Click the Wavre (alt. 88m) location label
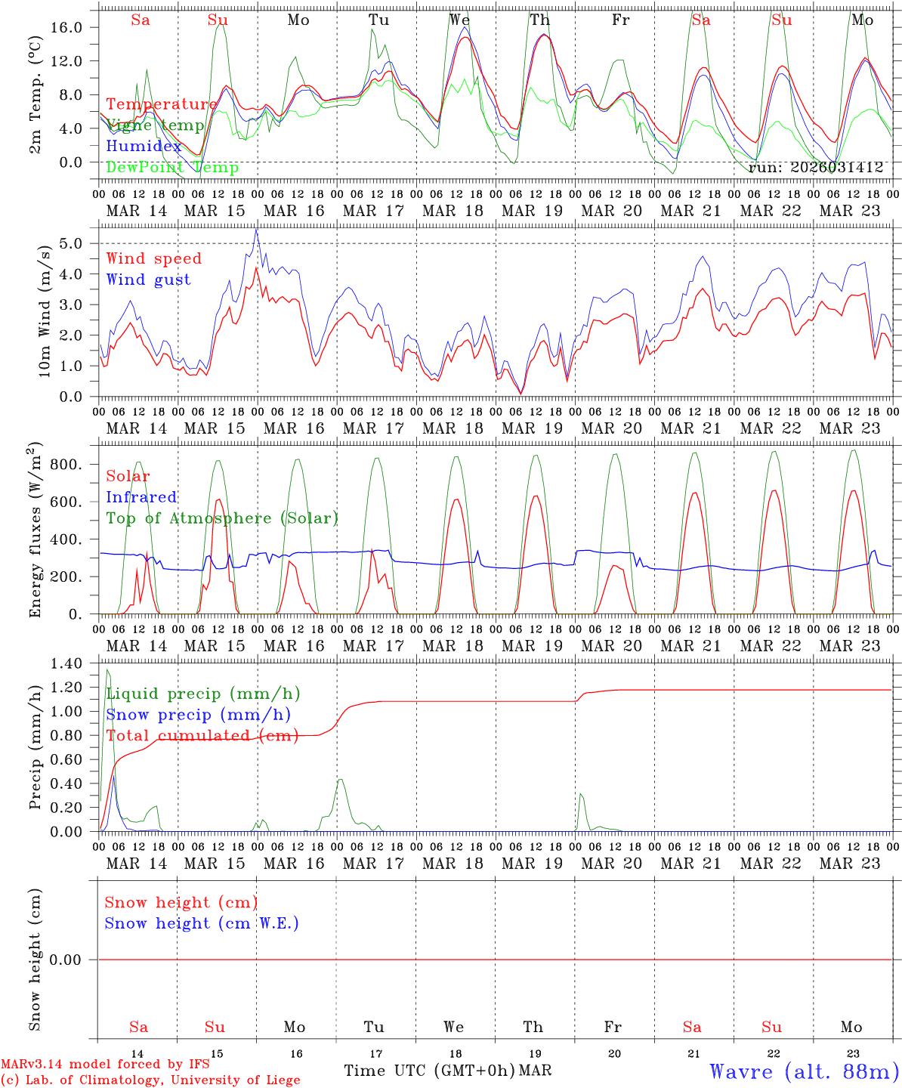pyautogui.click(x=804, y=1071)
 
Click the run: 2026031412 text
pyautogui.click(x=816, y=168)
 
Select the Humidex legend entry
pyautogui.click(x=144, y=147)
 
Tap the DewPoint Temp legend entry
pyautogui.click(x=172, y=168)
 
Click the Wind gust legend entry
pyautogui.click(x=148, y=280)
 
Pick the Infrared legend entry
pyautogui.click(x=141, y=497)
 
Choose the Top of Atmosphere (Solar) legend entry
pyautogui.click(x=221, y=518)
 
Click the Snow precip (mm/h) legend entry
pyautogui.click(x=198, y=715)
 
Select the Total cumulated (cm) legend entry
pyautogui.click(x=202, y=736)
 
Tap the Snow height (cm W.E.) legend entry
pyautogui.click(x=201, y=923)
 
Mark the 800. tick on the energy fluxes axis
pyautogui.click(x=66, y=464)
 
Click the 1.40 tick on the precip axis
pyautogui.click(x=66, y=663)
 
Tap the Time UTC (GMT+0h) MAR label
pyautogui.click(x=447, y=1071)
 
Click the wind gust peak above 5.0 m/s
pyautogui.click(x=257, y=230)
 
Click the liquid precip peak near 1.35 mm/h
pyautogui.click(x=107, y=669)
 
